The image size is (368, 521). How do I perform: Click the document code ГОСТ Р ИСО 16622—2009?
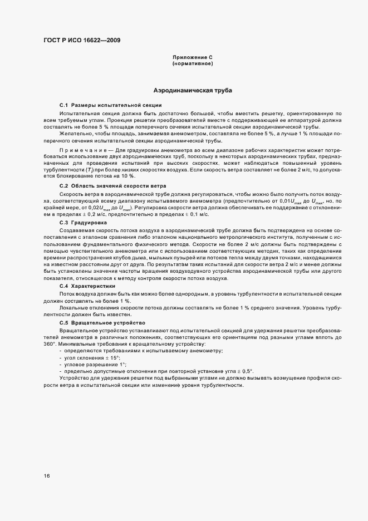tap(81, 40)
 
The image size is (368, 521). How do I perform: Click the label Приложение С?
tap(193, 58)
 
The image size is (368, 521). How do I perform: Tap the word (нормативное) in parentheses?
tap(193, 64)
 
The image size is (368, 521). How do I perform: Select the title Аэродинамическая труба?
tap(193, 90)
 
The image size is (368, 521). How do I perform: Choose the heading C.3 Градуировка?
tap(83, 222)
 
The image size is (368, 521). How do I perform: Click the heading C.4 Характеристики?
tap(88, 286)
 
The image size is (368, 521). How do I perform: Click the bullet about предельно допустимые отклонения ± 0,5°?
tap(159, 371)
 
